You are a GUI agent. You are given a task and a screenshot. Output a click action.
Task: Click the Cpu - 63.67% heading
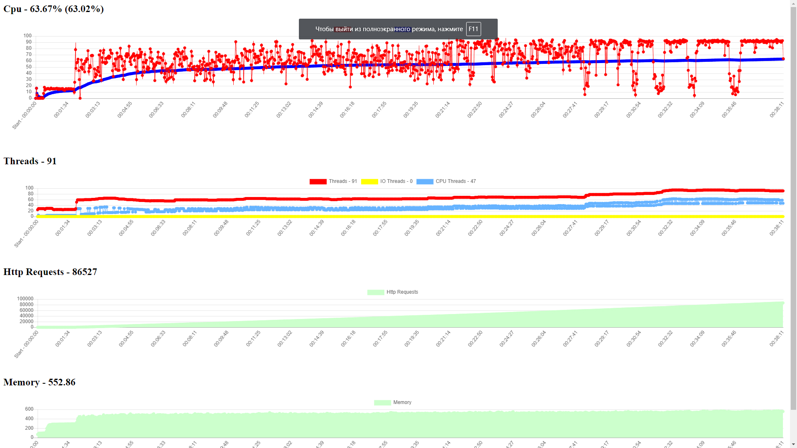54,9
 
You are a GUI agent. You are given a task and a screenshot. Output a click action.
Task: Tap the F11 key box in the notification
473,29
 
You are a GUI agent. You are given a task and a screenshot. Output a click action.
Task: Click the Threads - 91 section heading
30,161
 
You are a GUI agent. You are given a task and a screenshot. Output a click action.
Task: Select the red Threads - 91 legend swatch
318,182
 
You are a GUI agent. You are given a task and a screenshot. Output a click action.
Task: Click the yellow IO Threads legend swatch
369,182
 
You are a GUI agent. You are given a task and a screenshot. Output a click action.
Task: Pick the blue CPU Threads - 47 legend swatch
425,182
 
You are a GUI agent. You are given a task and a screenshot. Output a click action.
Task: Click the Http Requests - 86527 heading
50,272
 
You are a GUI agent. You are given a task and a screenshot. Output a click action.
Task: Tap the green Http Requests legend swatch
376,292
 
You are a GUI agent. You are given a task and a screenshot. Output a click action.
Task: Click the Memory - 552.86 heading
39,382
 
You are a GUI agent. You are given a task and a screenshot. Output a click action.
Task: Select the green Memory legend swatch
382,403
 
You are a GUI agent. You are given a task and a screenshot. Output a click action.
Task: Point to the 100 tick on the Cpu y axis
27,36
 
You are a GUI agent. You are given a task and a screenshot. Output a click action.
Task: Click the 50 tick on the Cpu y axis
29,67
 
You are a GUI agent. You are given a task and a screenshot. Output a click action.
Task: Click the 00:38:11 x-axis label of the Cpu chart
777,110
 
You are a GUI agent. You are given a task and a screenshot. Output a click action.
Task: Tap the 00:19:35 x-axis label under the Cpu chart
411,110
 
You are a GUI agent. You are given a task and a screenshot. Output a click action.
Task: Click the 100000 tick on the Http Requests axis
25,299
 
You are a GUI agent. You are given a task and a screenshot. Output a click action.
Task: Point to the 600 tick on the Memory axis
29,409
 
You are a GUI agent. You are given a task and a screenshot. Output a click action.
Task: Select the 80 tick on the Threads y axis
30,194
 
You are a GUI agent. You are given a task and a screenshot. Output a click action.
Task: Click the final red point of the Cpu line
783,59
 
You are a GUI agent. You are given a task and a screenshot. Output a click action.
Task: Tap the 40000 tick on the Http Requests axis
26,316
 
